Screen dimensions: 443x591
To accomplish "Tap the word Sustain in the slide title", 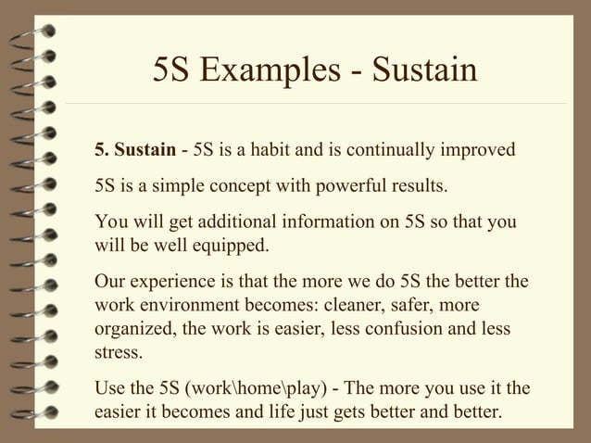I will tap(422, 70).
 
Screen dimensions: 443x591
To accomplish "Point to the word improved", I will tap(480, 149).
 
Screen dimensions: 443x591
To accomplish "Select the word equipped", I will tap(235, 246).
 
